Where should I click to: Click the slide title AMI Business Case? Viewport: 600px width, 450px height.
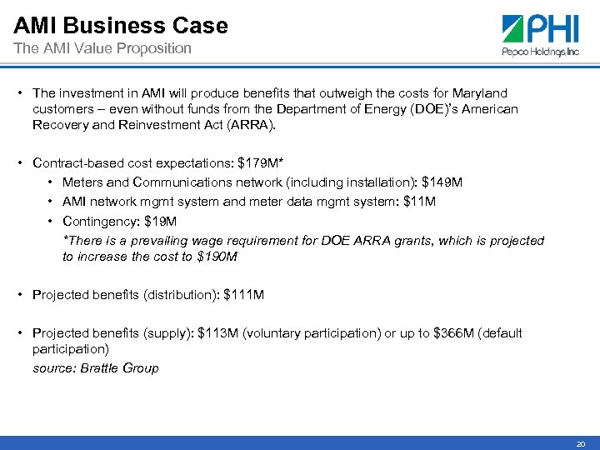(120, 26)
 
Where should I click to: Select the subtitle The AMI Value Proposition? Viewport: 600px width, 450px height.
(102, 48)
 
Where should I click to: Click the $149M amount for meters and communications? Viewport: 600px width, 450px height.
(447, 182)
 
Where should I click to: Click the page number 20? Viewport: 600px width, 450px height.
(581, 444)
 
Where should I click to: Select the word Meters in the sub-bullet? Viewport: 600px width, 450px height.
(82, 182)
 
